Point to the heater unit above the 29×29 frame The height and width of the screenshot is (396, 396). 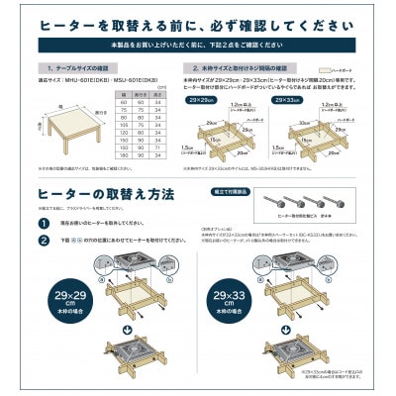pyautogui.click(x=129, y=264)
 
